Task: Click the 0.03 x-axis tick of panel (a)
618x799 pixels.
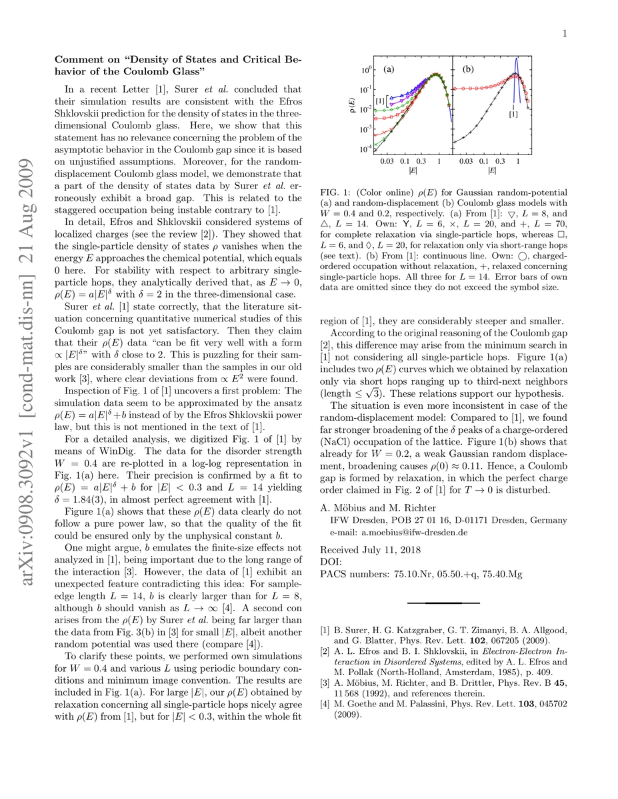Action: click(x=385, y=162)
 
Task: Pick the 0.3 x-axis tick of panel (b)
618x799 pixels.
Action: click(x=499, y=162)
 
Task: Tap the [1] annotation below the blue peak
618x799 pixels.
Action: click(x=513, y=115)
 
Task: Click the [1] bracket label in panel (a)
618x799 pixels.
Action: click(x=379, y=101)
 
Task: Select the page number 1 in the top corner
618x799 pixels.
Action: click(x=564, y=33)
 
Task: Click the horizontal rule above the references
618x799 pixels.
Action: click(x=443, y=603)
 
